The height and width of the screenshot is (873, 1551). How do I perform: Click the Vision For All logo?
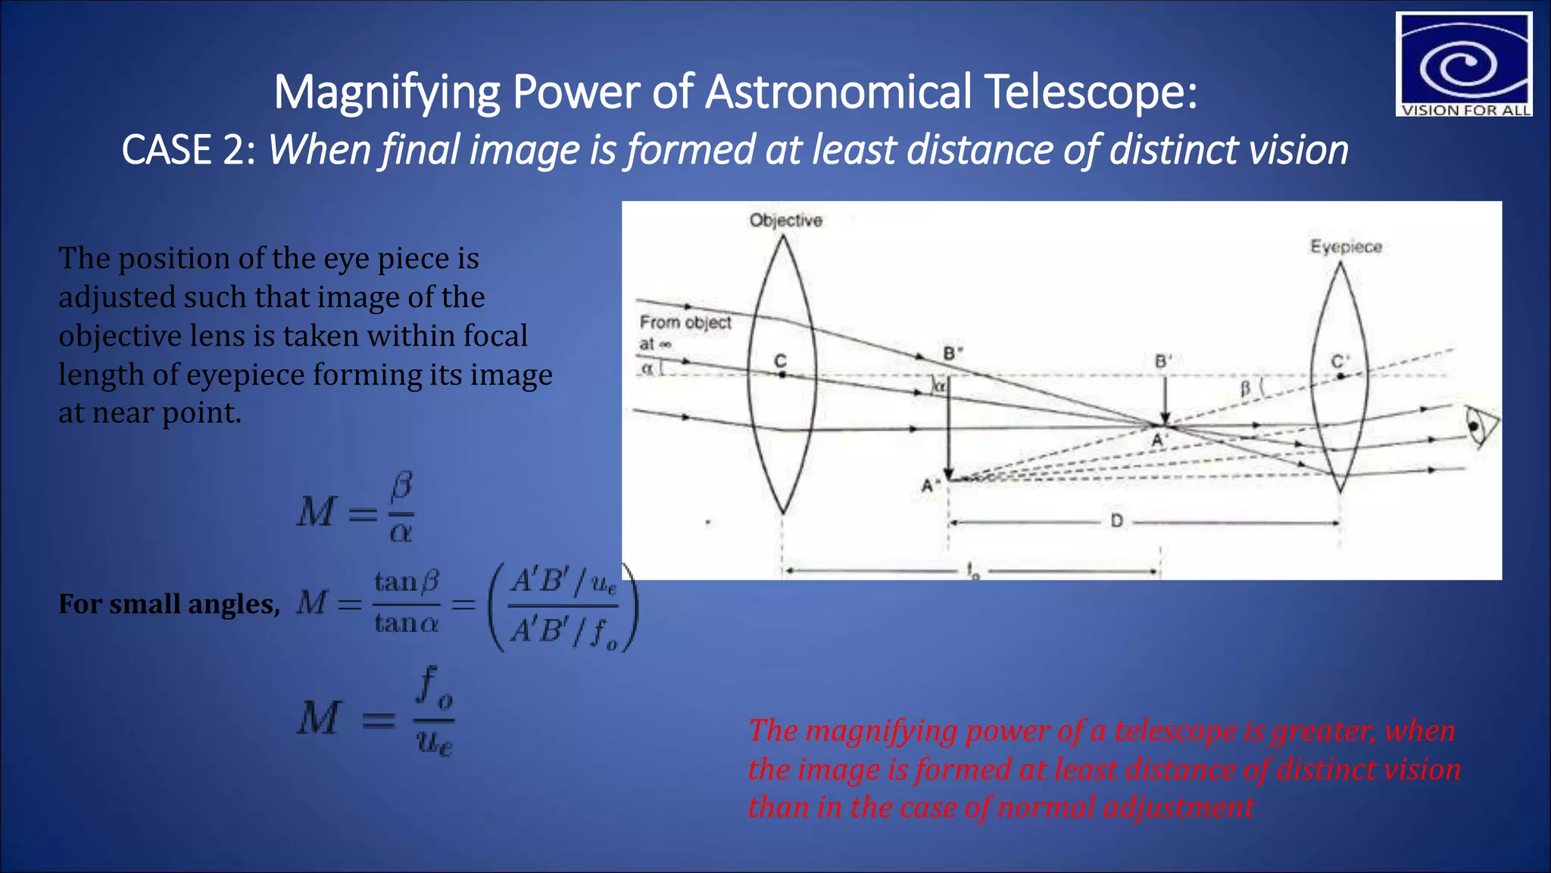click(1463, 64)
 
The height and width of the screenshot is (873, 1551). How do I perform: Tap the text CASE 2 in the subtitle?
click(188, 150)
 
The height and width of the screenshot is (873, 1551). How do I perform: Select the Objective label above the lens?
click(785, 221)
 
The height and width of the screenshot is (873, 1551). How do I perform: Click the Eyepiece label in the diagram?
click(1346, 247)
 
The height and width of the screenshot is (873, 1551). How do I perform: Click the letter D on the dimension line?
click(1116, 521)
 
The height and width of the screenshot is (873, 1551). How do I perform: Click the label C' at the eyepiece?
click(1340, 362)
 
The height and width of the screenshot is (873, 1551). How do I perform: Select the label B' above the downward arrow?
click(1163, 361)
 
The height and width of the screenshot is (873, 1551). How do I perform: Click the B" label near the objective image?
click(953, 354)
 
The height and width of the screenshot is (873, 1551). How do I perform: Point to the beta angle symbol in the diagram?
click(1244, 389)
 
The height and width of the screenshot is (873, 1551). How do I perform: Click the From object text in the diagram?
click(685, 323)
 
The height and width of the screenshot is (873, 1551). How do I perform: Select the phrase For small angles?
click(169, 604)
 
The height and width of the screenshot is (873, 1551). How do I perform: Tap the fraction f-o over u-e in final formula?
click(435, 711)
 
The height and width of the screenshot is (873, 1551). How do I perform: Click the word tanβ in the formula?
click(407, 582)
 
